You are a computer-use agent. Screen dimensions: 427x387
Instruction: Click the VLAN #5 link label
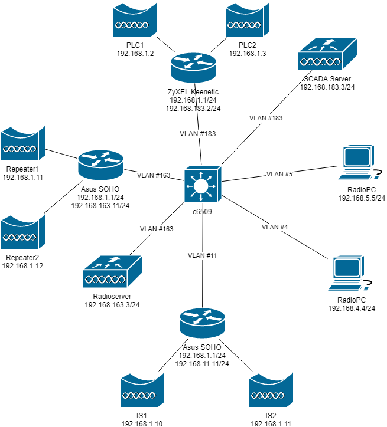coord(279,174)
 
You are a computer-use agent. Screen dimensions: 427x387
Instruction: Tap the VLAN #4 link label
coord(275,227)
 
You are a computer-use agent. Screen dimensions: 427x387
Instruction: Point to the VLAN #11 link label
coord(202,255)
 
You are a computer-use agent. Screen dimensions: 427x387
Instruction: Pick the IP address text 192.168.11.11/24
coord(202,364)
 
